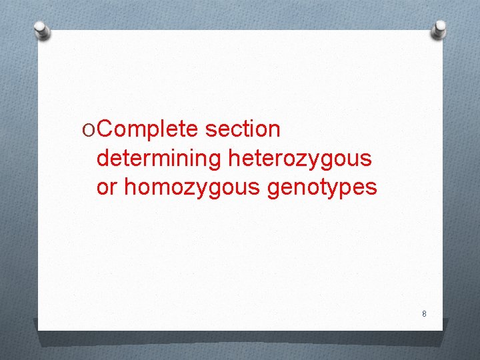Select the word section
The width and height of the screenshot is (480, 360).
click(243, 129)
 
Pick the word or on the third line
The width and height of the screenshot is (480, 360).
click(107, 188)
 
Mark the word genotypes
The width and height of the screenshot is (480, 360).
click(322, 188)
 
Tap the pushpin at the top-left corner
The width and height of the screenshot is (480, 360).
click(41, 29)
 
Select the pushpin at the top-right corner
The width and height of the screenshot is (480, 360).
click(439, 29)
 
